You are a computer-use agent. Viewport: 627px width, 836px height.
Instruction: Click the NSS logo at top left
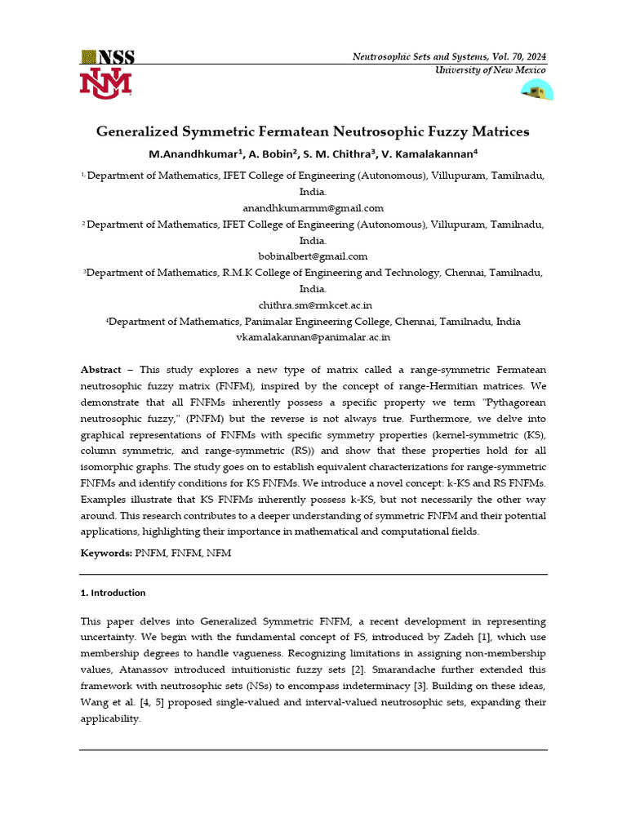tap(107, 57)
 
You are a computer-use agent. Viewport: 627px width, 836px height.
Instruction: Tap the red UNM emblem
tap(105, 84)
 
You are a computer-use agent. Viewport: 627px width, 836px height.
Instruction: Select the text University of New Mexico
tap(489, 70)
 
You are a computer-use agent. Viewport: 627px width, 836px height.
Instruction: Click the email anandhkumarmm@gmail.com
tap(313, 208)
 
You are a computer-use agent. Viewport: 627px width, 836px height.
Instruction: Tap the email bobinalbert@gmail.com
tap(313, 256)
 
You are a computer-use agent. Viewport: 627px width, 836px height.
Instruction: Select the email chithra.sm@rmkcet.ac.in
tap(313, 305)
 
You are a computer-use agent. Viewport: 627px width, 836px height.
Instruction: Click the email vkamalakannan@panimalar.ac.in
tap(313, 336)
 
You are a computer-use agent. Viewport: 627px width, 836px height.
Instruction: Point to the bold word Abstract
tap(100, 370)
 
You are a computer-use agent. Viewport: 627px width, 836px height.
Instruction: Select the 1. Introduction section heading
tap(113, 593)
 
